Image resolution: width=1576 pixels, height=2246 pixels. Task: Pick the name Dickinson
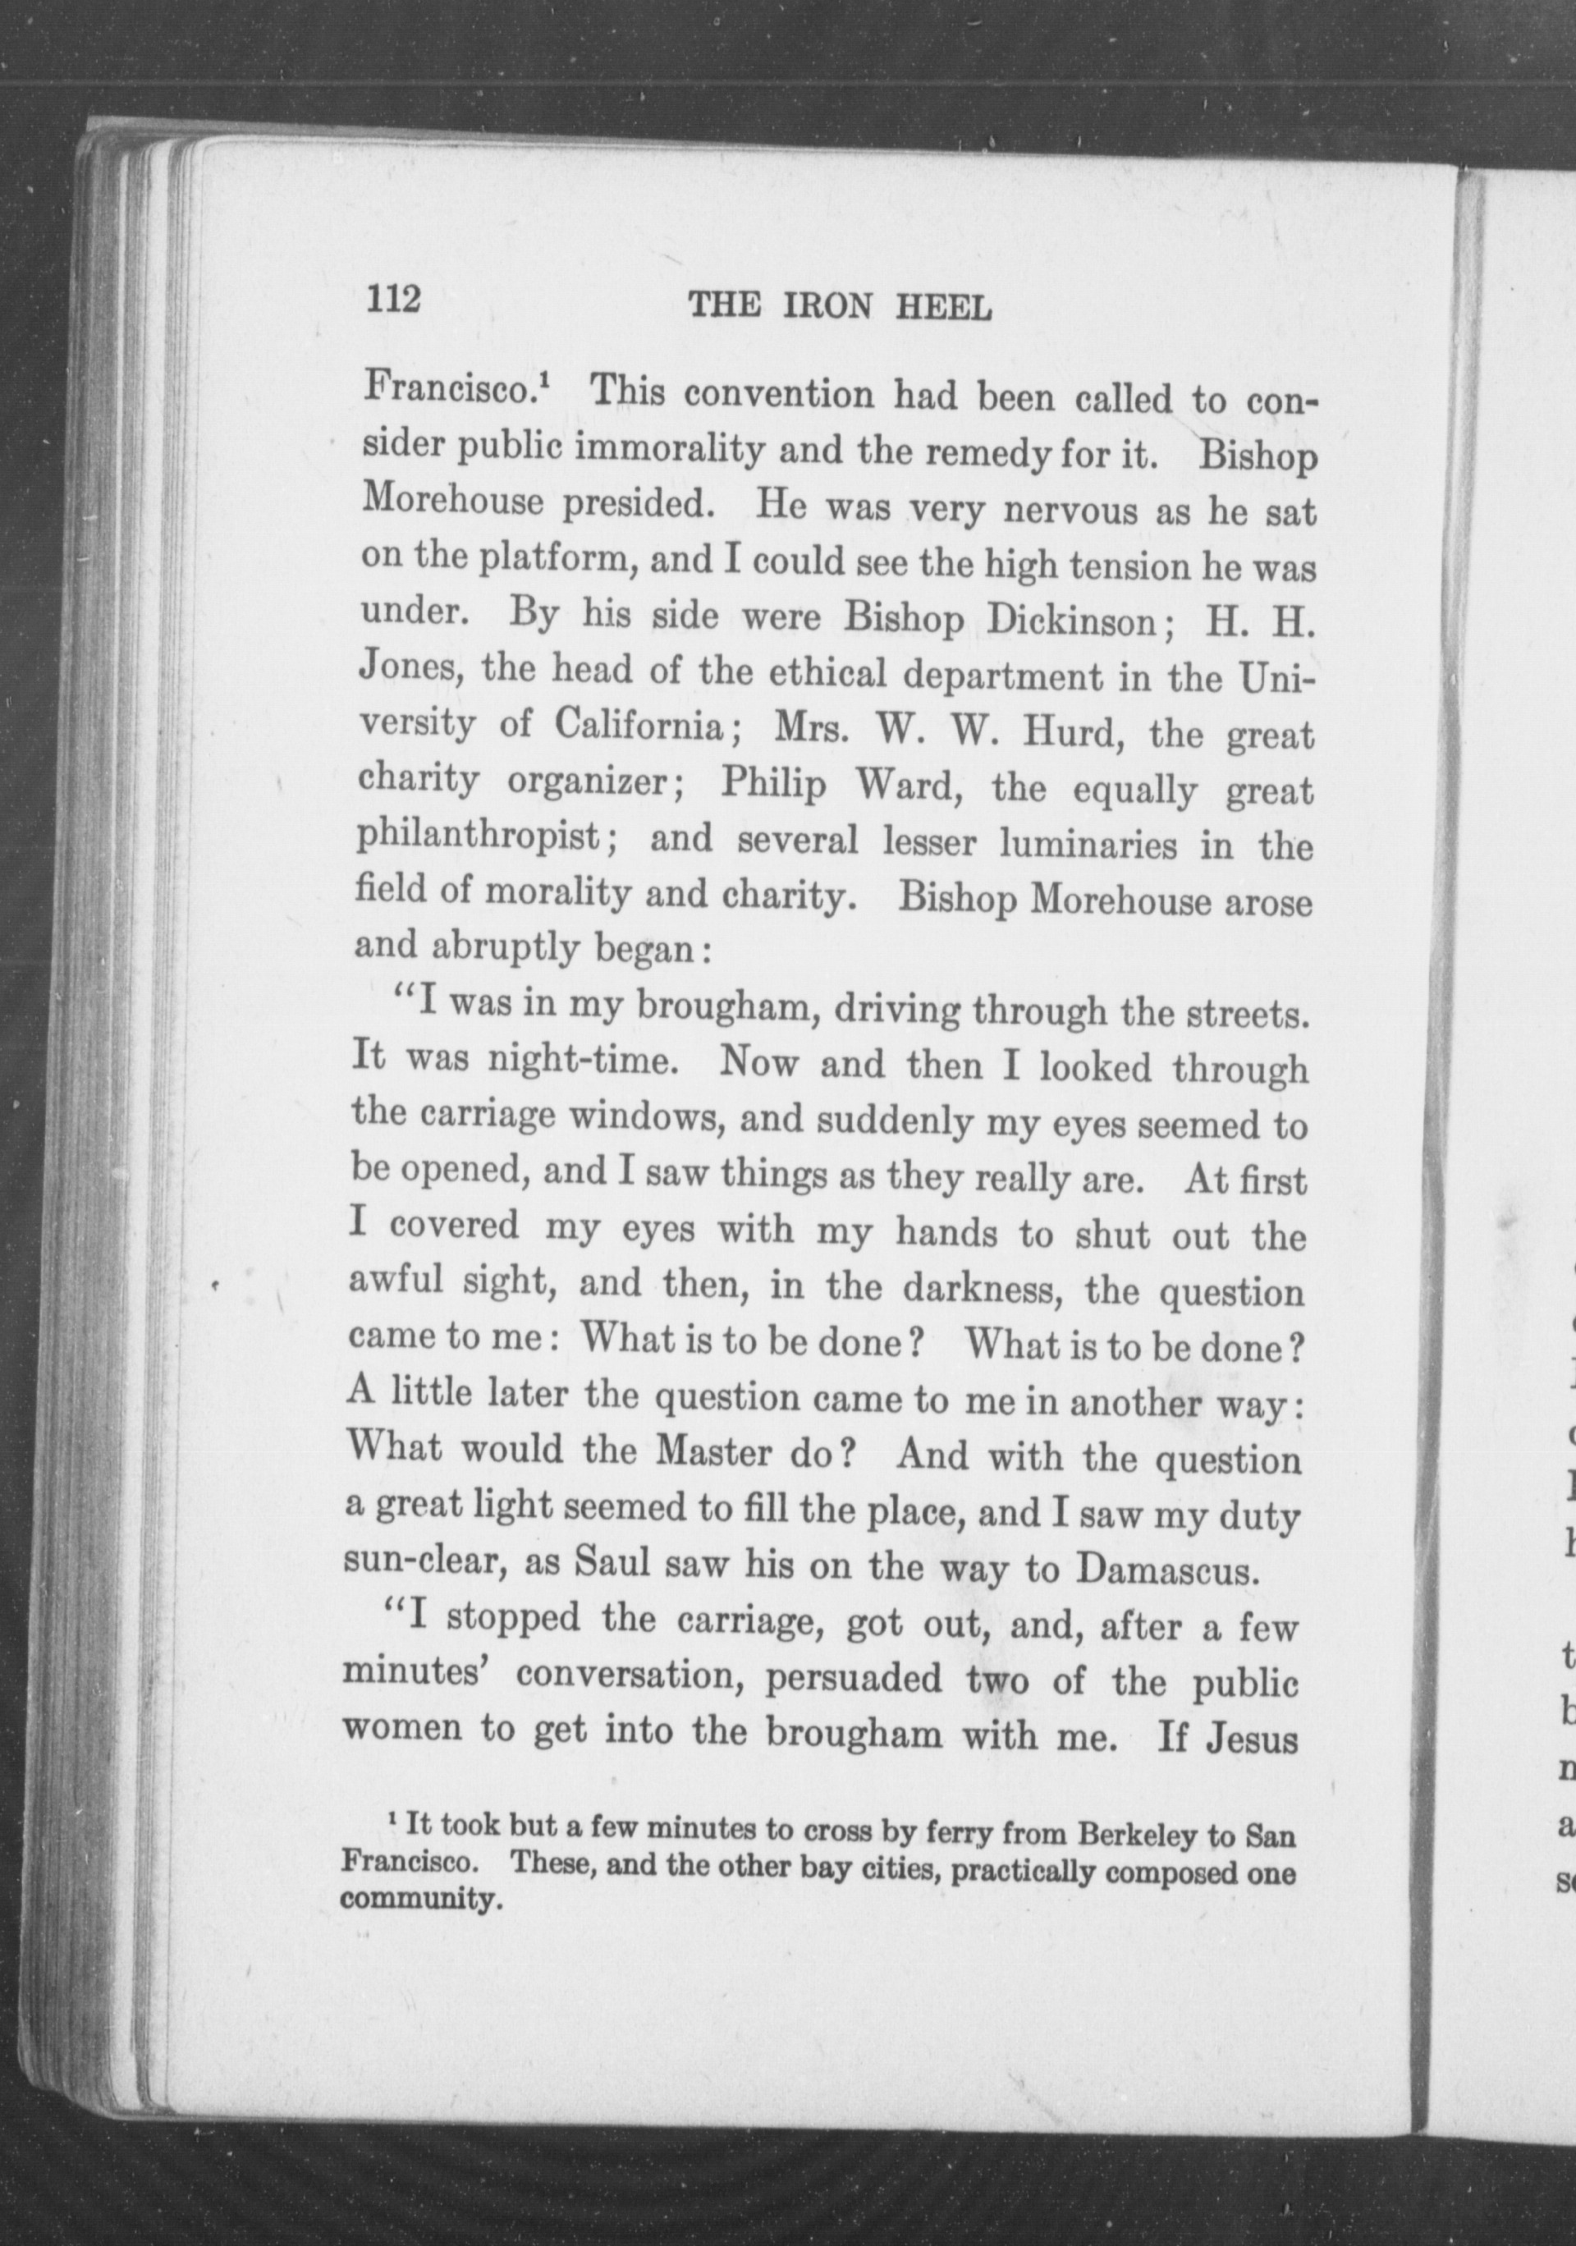pos(1072,622)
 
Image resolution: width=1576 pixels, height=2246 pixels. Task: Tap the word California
pos(639,725)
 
